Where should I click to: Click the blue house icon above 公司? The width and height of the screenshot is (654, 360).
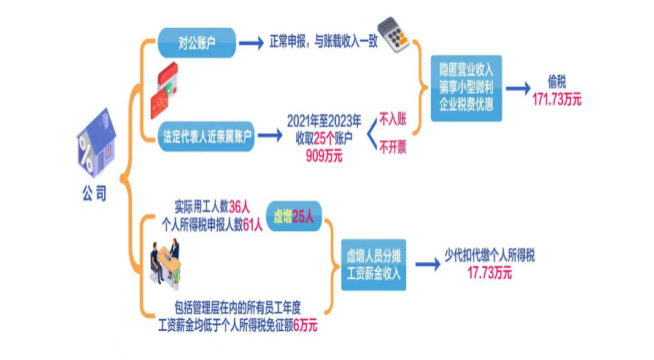(93, 150)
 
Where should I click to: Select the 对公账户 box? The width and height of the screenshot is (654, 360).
(197, 43)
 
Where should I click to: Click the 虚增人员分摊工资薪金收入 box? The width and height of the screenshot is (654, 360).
(370, 262)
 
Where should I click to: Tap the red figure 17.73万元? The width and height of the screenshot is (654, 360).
(489, 272)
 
